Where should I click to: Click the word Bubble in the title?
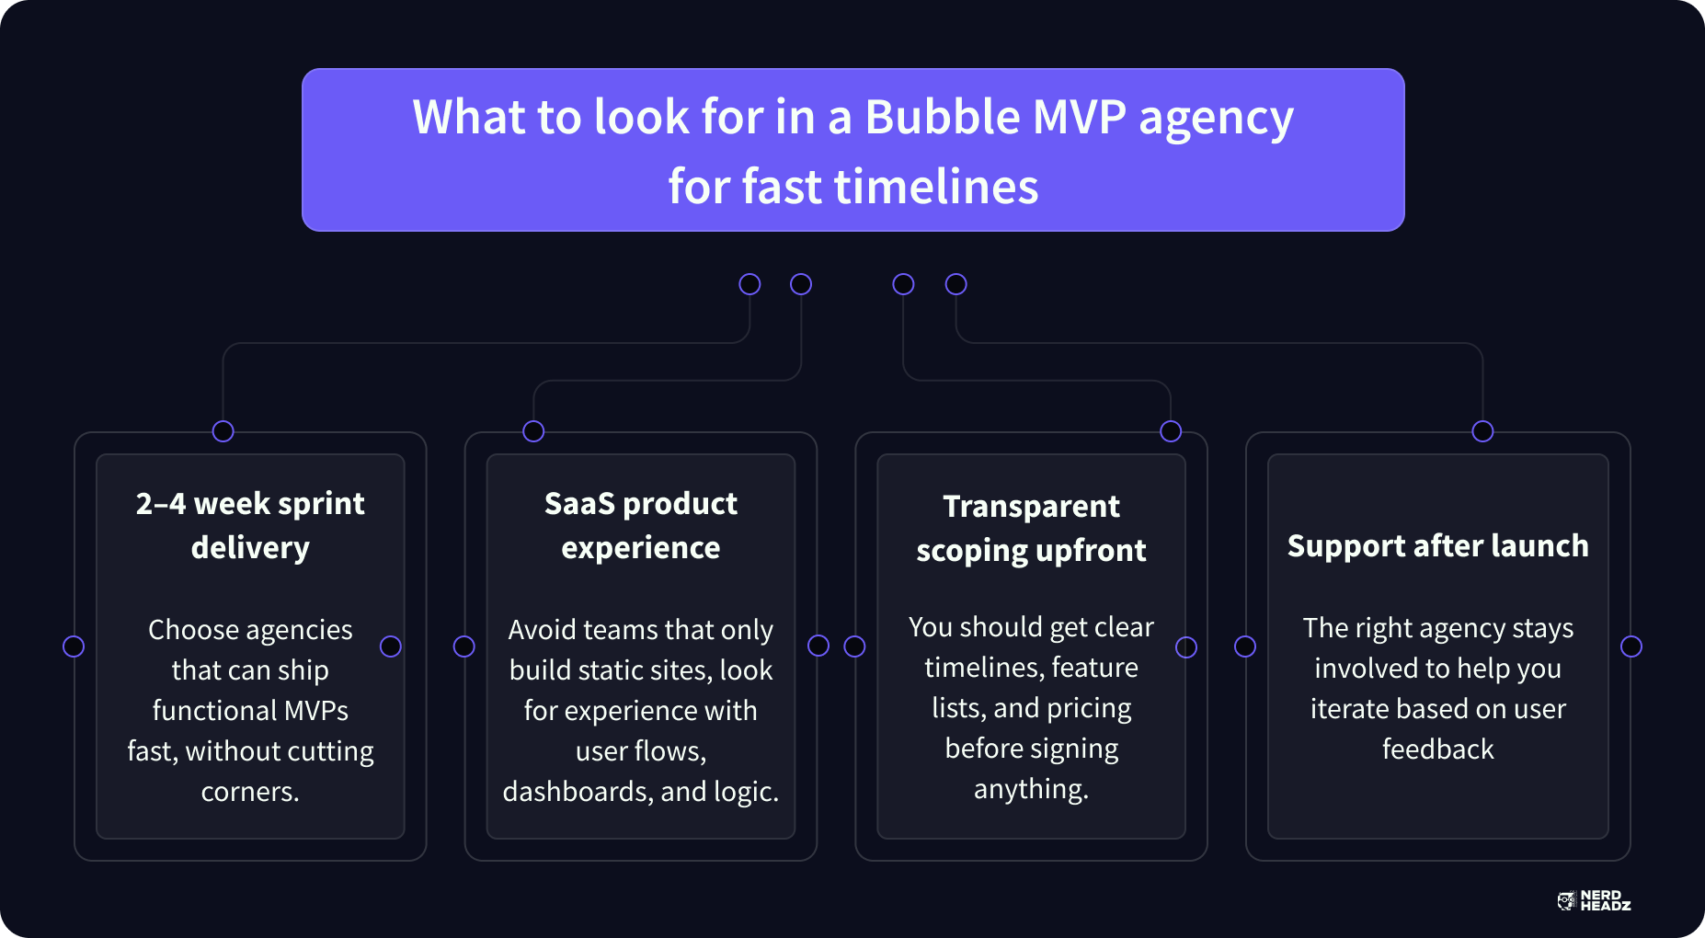(x=943, y=117)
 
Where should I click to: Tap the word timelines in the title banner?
(x=936, y=187)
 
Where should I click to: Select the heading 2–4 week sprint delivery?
(x=250, y=525)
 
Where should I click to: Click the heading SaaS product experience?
(x=641, y=525)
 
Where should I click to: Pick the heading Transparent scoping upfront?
(x=1031, y=528)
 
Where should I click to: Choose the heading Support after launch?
(x=1437, y=545)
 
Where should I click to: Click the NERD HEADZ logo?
(x=1594, y=900)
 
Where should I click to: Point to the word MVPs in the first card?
(x=316, y=711)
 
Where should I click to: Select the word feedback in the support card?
(x=1437, y=749)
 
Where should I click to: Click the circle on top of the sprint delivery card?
(x=223, y=431)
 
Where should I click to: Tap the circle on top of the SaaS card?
(x=533, y=431)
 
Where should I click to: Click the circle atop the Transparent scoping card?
(x=1171, y=431)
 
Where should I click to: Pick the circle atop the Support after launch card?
(x=1482, y=431)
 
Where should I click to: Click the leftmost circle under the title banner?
(x=750, y=284)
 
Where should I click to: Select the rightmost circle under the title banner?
(x=956, y=284)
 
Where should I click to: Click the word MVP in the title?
(x=1080, y=117)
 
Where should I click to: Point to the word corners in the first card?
(x=250, y=792)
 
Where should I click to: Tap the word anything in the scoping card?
(x=1031, y=790)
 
